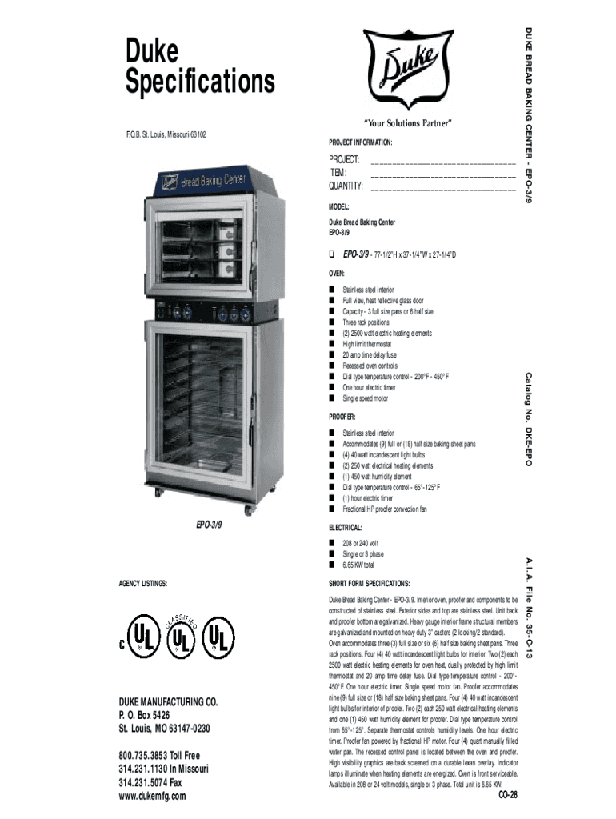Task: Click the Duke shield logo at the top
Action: (409, 67)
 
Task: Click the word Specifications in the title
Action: (200, 82)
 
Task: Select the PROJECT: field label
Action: (345, 159)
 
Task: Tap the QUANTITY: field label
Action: (346, 186)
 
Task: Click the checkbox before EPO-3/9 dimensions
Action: (331, 254)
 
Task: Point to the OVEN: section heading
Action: (337, 272)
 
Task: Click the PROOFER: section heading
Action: (342, 417)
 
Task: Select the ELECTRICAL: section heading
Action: (346, 528)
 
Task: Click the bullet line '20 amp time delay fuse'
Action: (370, 355)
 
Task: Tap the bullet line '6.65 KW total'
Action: (358, 565)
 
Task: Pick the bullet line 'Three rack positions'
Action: (366, 322)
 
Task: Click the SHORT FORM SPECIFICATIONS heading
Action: (370, 583)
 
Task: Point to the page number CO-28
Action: (508, 794)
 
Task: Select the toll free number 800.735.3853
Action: (159, 755)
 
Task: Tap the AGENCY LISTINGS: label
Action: (143, 584)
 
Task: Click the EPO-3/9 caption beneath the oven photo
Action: (209, 525)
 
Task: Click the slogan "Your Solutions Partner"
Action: (408, 123)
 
